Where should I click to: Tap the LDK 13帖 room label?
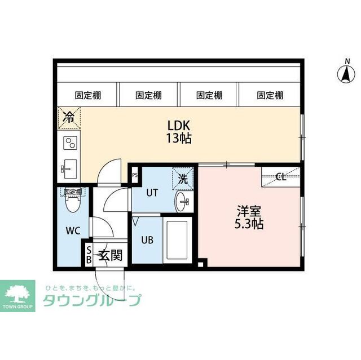point(178,131)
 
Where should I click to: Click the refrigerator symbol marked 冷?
point(69,117)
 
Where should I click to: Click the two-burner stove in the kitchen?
point(70,143)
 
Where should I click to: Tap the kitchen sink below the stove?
point(70,167)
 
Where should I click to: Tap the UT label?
point(152,193)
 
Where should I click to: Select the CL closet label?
point(280,177)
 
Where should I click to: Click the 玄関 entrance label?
point(111,255)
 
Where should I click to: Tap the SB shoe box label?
point(89,255)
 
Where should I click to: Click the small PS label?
point(134,175)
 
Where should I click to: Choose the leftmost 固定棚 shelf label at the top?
point(87,95)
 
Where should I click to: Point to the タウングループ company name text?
point(92,301)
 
